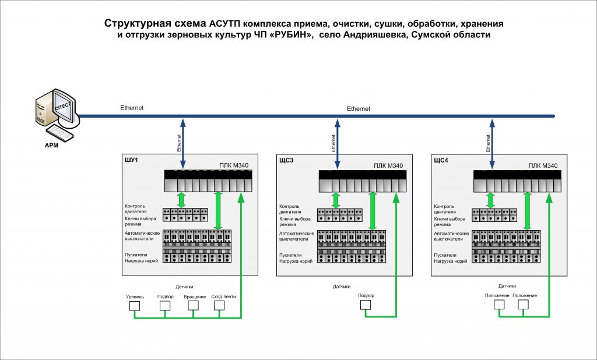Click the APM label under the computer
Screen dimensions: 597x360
51,146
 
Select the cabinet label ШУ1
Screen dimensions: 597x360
131,160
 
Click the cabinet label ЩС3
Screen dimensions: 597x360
286,160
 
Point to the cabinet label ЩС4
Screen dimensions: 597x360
441,160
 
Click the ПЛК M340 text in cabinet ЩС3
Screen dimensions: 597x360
388,165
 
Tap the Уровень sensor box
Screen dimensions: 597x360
135,306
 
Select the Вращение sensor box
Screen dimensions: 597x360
194,305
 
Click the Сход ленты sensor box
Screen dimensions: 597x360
219,305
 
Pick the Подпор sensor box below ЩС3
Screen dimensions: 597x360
366,305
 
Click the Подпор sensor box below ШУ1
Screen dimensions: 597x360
165,305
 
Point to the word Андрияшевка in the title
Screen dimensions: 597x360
369,35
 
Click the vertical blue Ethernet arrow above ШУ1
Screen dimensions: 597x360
182,143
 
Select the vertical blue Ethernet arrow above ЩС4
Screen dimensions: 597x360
492,144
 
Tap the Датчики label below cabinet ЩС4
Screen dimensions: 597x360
507,286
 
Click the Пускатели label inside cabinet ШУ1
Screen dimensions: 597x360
136,255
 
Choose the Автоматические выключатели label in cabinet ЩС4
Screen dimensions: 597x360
451,237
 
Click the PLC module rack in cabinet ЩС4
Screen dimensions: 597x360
517,181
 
